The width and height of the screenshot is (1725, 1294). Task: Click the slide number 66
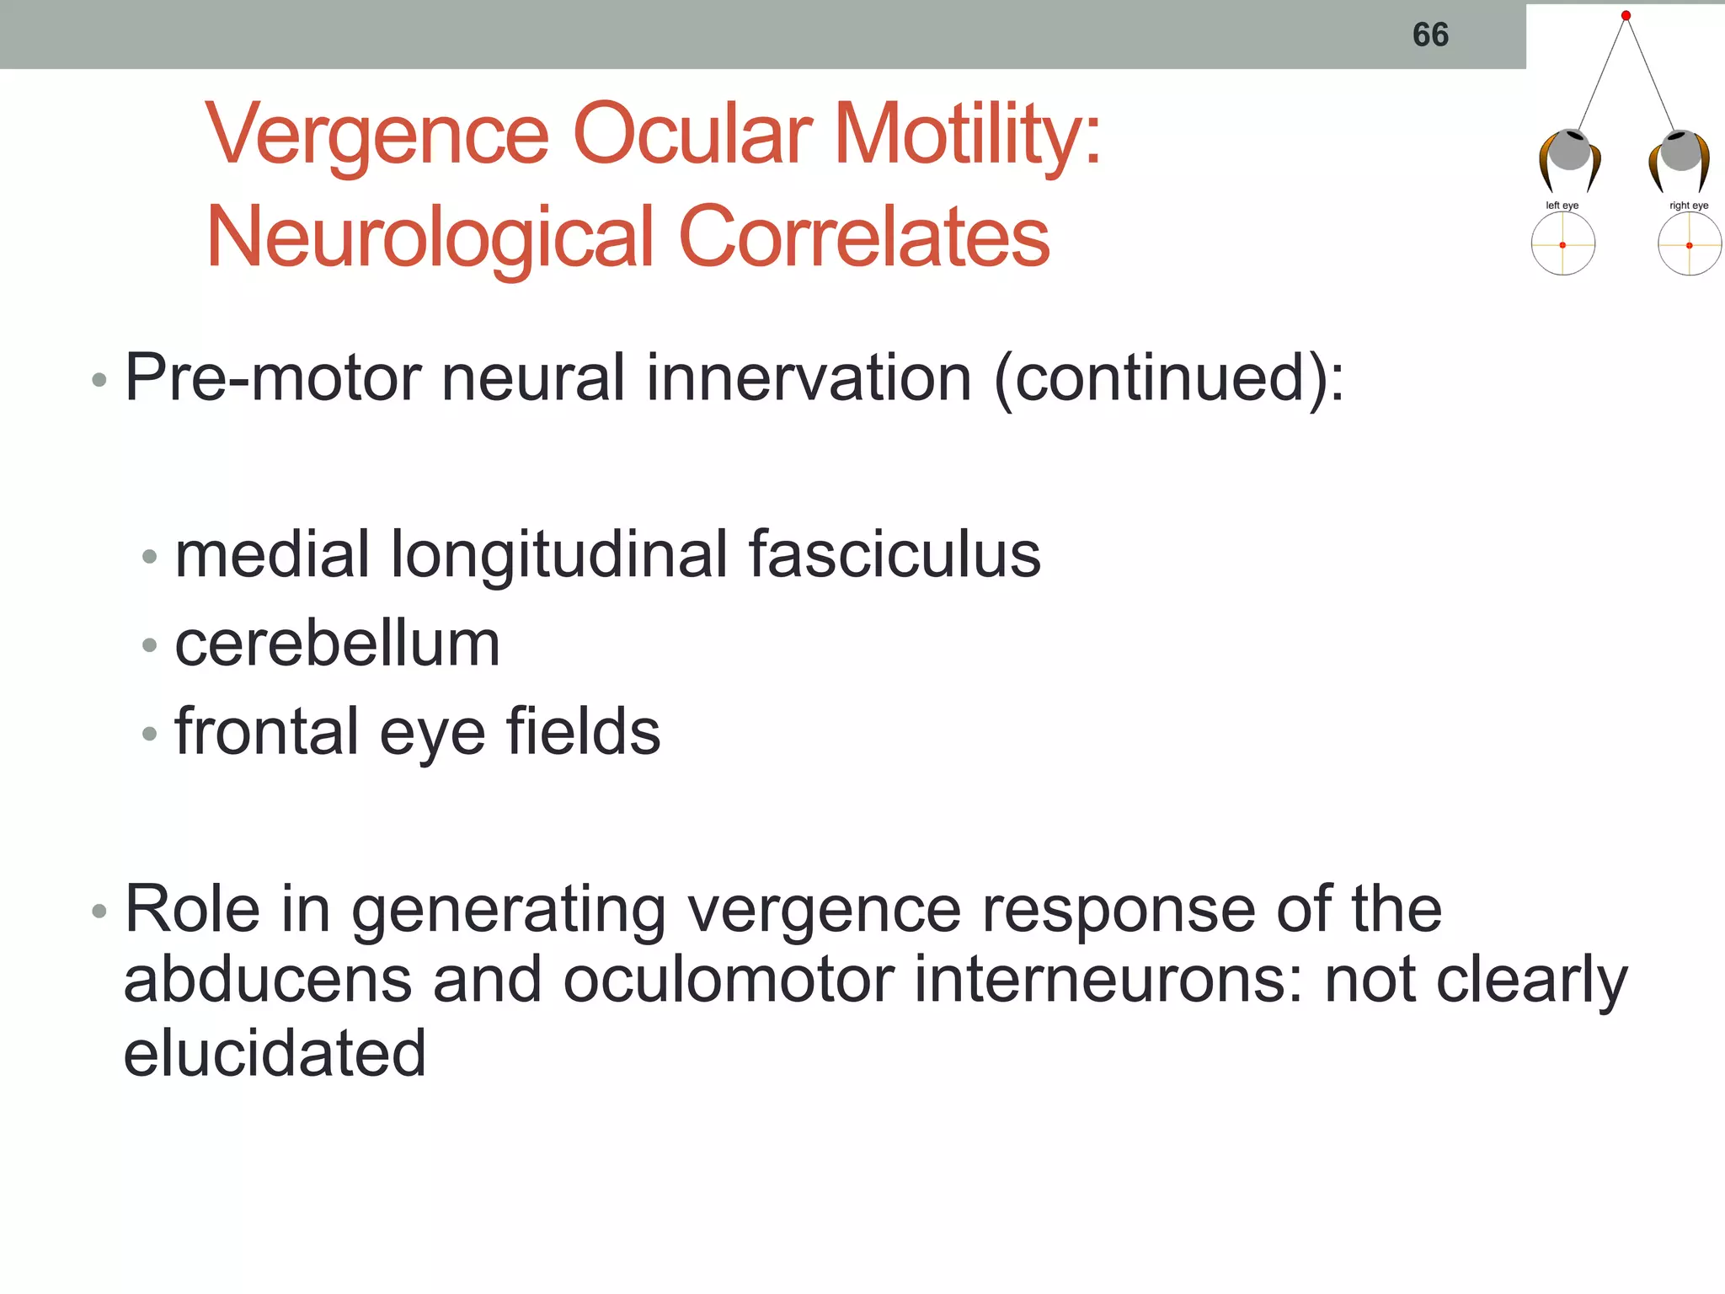pyautogui.click(x=1429, y=35)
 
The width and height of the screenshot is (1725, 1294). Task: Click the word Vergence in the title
pyautogui.click(x=377, y=136)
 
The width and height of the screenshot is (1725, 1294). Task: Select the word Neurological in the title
pyautogui.click(x=430, y=238)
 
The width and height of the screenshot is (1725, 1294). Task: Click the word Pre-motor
pyautogui.click(x=272, y=378)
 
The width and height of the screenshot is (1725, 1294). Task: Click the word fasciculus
pyautogui.click(x=894, y=555)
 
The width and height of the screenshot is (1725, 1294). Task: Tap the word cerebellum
pyautogui.click(x=337, y=644)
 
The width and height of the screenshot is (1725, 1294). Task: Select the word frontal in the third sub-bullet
pyautogui.click(x=266, y=731)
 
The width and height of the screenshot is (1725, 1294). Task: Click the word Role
pyautogui.click(x=192, y=910)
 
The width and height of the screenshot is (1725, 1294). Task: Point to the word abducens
pyautogui.click(x=267, y=981)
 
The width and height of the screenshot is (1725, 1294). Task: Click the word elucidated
pyautogui.click(x=275, y=1053)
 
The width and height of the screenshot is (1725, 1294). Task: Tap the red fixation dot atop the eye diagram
pyautogui.click(x=1626, y=15)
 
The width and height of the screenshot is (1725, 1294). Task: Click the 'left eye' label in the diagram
pyautogui.click(x=1562, y=206)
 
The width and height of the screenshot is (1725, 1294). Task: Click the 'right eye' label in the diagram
pyautogui.click(x=1688, y=206)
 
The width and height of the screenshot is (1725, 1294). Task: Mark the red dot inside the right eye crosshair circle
pyautogui.click(x=1689, y=245)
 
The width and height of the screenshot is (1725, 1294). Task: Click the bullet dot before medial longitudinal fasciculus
pyautogui.click(x=150, y=557)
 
